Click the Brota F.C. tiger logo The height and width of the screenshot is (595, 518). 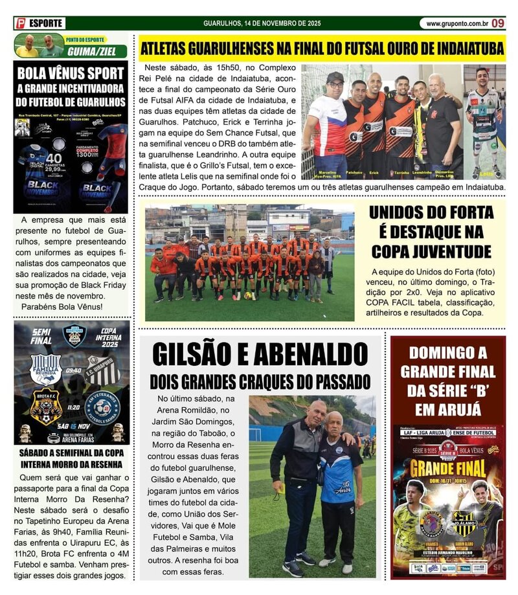tap(46, 407)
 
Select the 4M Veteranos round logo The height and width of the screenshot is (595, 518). tap(102, 407)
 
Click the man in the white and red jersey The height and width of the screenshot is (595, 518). tap(327, 123)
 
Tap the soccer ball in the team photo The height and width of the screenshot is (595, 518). tap(247, 295)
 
